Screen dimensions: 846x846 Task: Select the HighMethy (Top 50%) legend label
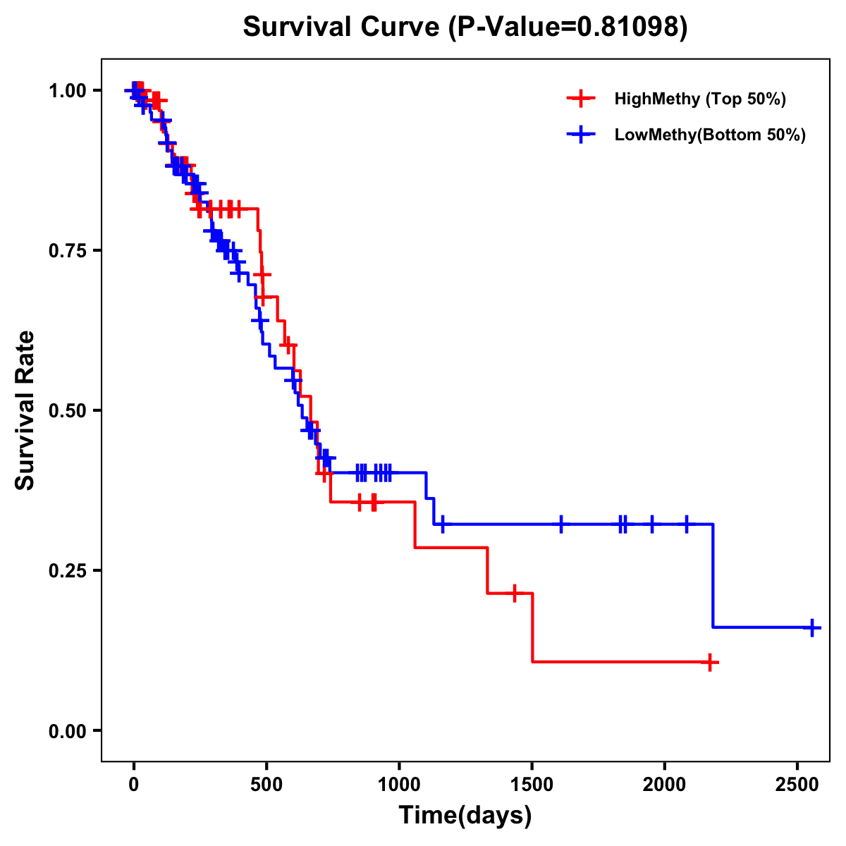[699, 99]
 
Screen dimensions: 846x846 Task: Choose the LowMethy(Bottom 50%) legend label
[710, 135]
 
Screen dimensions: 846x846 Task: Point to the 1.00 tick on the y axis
[68, 91]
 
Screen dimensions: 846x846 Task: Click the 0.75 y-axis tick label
[68, 251]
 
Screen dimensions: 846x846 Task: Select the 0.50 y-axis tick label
[68, 411]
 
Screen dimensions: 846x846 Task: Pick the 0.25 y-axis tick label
[68, 571]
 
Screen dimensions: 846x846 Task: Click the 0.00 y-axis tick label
[68, 731]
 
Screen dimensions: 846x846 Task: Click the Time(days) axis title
[465, 816]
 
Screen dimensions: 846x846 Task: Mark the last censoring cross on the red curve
[710, 663]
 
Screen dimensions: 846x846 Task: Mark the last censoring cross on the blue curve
[812, 627]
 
